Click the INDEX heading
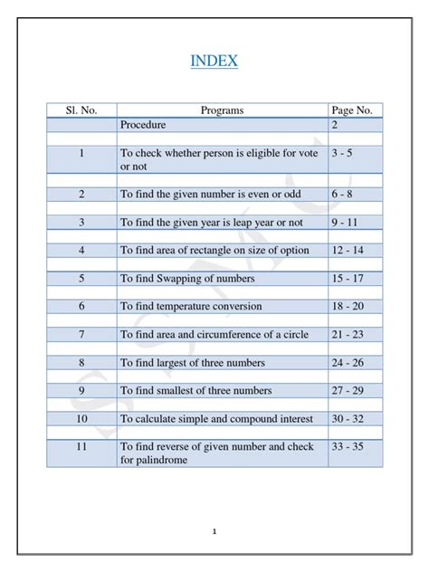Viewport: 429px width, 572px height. click(x=214, y=62)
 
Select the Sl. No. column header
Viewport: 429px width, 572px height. click(x=81, y=110)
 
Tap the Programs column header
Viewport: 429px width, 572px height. click(x=222, y=110)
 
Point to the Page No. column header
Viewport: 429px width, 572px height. click(x=352, y=110)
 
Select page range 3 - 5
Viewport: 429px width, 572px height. click(x=341, y=154)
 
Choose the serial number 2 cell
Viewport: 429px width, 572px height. click(x=81, y=195)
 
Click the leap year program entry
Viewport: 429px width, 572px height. click(x=212, y=223)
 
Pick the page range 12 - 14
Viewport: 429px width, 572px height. click(x=348, y=251)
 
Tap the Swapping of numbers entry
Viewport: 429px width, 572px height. click(x=187, y=279)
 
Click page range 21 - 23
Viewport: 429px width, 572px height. click(x=348, y=335)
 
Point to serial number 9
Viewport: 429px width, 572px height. click(x=81, y=391)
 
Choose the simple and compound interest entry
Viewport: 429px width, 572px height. click(x=217, y=419)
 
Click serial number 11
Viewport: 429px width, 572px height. click(x=81, y=446)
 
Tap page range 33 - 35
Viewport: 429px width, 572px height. click(x=348, y=446)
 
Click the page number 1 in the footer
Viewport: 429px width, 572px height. click(x=214, y=531)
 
